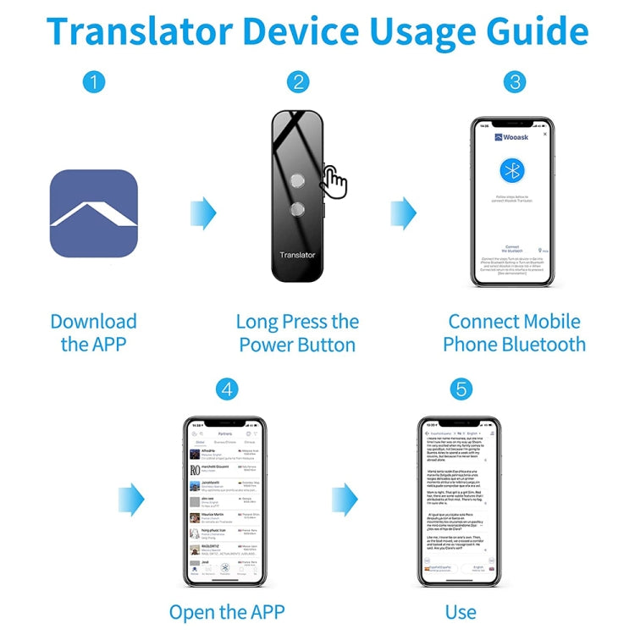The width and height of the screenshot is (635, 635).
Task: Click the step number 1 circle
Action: click(x=94, y=82)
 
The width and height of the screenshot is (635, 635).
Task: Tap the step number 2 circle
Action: click(x=297, y=82)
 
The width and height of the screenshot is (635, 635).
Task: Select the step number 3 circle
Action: click(x=515, y=82)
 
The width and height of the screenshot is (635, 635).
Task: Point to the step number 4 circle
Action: click(x=226, y=389)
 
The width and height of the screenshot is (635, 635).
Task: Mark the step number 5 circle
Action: click(x=461, y=389)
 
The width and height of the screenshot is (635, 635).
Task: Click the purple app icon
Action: click(x=93, y=213)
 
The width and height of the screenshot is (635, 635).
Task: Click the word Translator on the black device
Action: click(x=297, y=254)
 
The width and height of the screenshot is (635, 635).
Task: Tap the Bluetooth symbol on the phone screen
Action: click(x=511, y=170)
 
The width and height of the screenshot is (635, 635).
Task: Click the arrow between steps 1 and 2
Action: click(x=203, y=213)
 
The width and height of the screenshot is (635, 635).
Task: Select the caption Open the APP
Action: click(x=226, y=611)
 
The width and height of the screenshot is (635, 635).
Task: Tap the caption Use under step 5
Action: click(x=461, y=611)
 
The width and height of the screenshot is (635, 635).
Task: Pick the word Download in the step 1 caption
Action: click(x=93, y=322)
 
